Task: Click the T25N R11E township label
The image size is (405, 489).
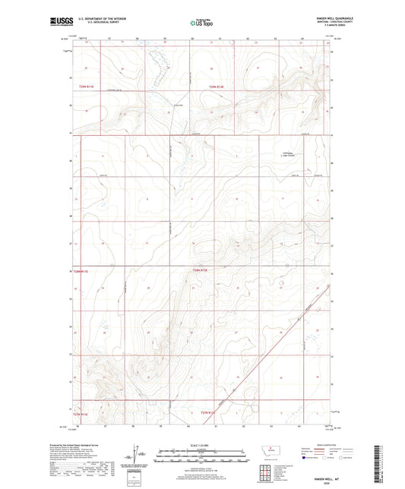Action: click(86, 87)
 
